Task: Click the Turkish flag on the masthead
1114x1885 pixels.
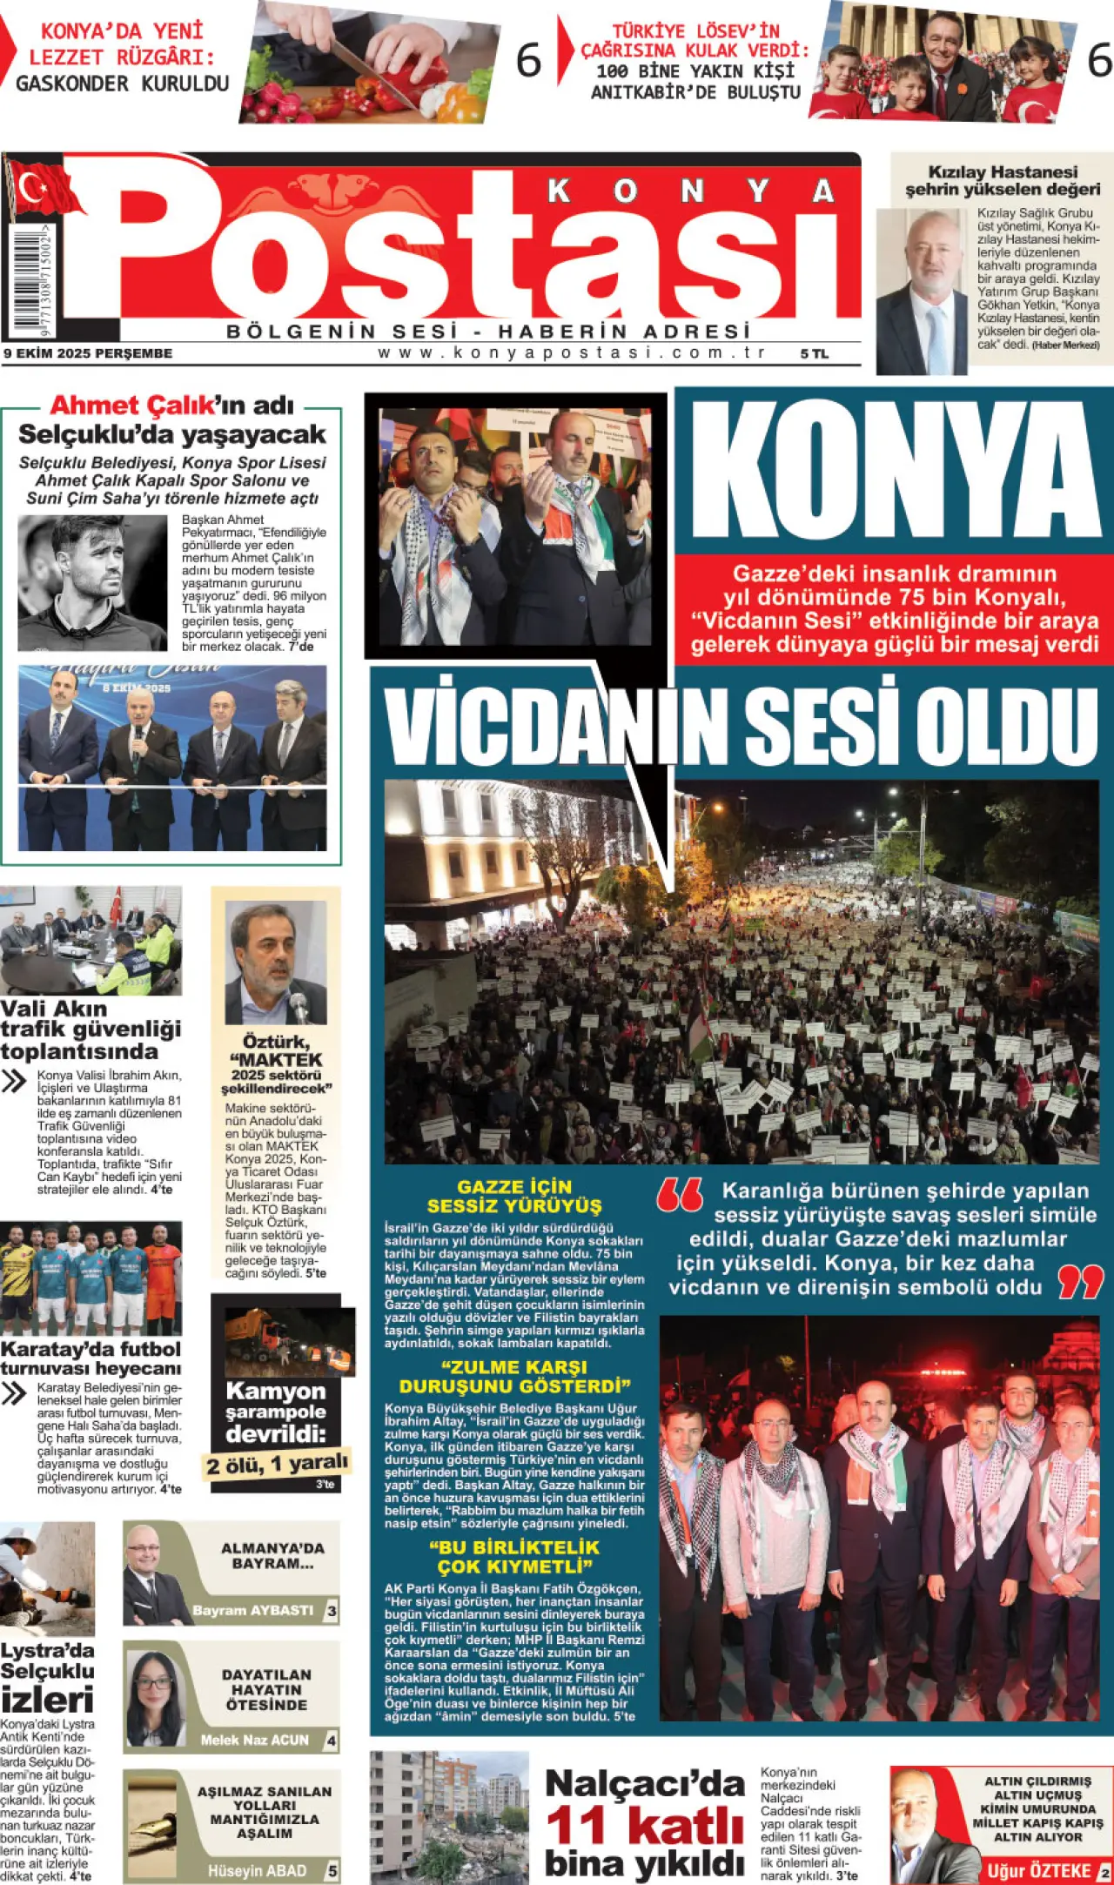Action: [x=44, y=187]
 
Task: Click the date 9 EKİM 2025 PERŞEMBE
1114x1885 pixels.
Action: [x=88, y=353]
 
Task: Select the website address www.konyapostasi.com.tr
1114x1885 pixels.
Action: [x=572, y=352]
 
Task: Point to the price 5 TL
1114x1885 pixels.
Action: [x=814, y=353]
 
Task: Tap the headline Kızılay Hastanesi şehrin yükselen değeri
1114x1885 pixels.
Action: [x=1003, y=180]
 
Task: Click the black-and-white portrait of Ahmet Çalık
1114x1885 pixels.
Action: [x=91, y=582]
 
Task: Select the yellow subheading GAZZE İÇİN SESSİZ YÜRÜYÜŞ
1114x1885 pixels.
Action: [x=513, y=1196]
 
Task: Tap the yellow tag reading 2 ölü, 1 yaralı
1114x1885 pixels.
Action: [x=277, y=1464]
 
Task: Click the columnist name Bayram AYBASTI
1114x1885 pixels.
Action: [x=252, y=1610]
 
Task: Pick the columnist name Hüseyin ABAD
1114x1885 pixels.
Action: [x=257, y=1870]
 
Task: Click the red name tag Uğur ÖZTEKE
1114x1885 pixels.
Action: [x=1039, y=1870]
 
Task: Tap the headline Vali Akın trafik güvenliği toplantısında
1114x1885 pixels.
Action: [x=91, y=1030]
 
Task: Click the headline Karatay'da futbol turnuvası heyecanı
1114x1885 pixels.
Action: [x=91, y=1358]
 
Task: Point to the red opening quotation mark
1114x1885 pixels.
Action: [x=680, y=1195]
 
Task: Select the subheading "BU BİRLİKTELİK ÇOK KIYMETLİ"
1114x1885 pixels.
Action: [x=513, y=1556]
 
